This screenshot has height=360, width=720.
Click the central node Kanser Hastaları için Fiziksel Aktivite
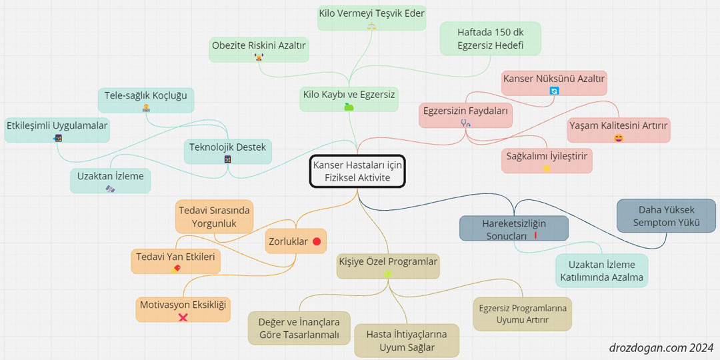pyautogui.click(x=357, y=171)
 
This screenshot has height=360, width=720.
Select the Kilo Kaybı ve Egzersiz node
pyautogui.click(x=349, y=99)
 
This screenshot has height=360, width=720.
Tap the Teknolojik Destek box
pyautogui.click(x=228, y=152)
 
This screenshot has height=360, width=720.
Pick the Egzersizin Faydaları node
pyautogui.click(x=466, y=115)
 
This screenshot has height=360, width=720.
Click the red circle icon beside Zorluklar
pyautogui.click(x=317, y=241)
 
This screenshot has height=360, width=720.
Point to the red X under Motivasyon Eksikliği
pyautogui.click(x=183, y=317)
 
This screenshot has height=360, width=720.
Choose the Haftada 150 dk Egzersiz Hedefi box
pyautogui.click(x=491, y=39)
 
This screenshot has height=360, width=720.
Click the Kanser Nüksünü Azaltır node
pyautogui.click(x=554, y=83)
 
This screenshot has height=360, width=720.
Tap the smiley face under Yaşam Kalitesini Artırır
pyautogui.click(x=619, y=138)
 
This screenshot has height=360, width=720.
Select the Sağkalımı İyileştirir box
pyautogui.click(x=547, y=160)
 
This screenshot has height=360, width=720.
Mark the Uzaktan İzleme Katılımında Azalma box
pyautogui.click(x=601, y=271)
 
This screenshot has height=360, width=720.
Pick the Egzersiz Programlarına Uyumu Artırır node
pyautogui.click(x=523, y=313)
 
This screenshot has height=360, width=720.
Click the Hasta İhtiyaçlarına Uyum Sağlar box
pyautogui.click(x=407, y=340)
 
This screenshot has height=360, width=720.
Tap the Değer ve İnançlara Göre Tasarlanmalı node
pyautogui.click(x=299, y=328)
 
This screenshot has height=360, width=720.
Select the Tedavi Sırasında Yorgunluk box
pyautogui.click(x=215, y=217)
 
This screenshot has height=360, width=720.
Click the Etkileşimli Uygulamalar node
pyautogui.click(x=57, y=130)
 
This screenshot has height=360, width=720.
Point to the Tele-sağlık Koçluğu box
pyautogui.click(x=146, y=100)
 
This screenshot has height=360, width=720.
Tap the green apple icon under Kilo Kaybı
pyautogui.click(x=349, y=107)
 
